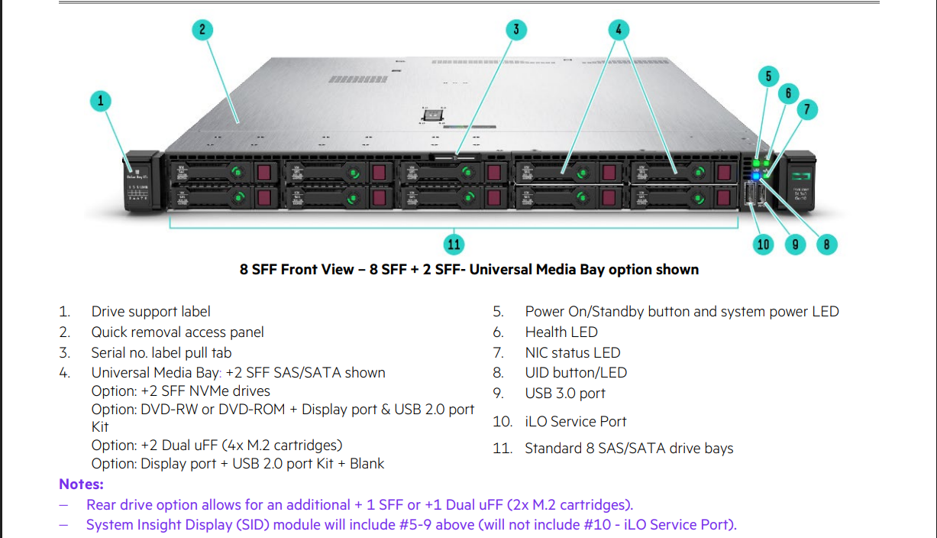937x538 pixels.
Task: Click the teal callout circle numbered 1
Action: [100, 100]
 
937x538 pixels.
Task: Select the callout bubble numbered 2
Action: [202, 30]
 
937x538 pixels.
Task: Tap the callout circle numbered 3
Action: [516, 30]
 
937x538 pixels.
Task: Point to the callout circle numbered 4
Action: [619, 30]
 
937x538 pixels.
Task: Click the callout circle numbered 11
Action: [454, 244]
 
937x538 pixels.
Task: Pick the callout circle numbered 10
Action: [764, 245]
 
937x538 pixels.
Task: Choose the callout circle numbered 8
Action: [826, 245]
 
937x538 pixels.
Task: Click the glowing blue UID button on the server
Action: [756, 176]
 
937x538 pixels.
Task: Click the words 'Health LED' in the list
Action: [561, 332]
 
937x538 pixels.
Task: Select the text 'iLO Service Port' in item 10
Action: [576, 422]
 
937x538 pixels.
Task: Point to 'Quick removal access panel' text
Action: [177, 332]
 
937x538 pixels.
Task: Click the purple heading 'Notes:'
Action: [81, 485]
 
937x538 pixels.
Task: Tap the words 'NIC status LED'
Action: [572, 353]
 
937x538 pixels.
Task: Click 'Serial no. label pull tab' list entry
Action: [161, 353]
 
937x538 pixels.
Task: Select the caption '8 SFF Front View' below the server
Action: [296, 270]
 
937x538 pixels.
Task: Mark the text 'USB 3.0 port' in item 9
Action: [565, 394]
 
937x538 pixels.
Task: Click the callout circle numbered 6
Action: [788, 93]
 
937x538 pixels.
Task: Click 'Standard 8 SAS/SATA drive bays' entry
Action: [628, 449]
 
